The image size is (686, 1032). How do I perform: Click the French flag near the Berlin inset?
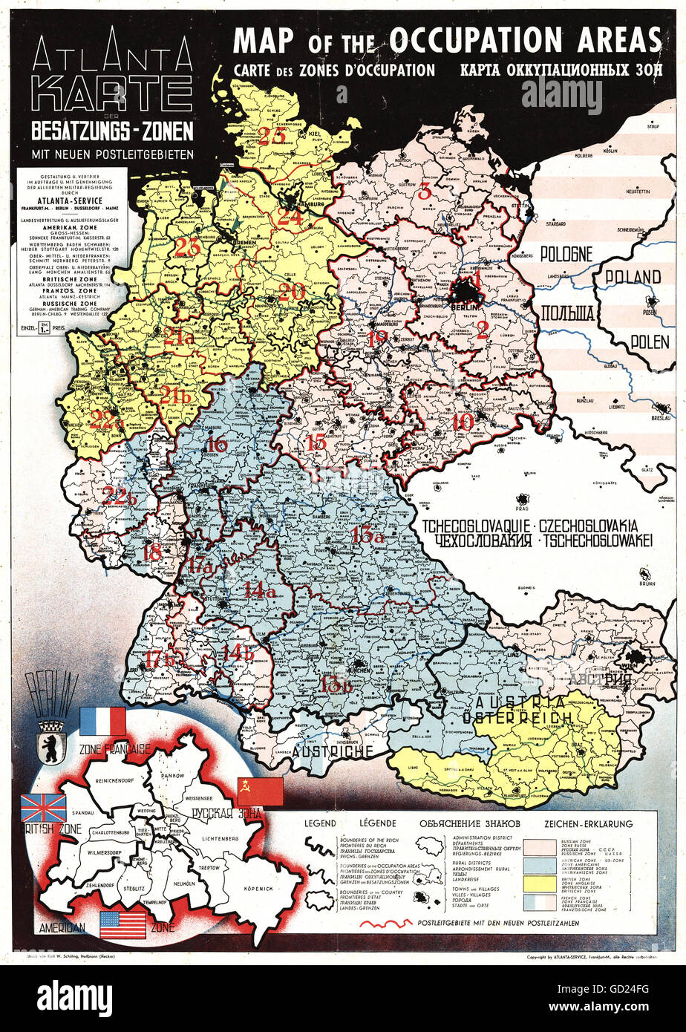tap(102, 721)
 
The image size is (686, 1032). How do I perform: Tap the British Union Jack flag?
tap(43, 809)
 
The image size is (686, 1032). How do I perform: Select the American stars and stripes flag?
tap(122, 924)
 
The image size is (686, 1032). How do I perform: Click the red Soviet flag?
tap(259, 791)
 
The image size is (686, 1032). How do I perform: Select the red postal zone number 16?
tap(217, 445)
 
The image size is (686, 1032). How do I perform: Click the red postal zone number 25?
tap(271, 135)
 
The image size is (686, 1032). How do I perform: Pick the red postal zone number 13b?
tap(336, 684)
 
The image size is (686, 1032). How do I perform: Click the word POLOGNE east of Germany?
tap(566, 253)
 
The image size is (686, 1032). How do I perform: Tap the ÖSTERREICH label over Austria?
tap(526, 718)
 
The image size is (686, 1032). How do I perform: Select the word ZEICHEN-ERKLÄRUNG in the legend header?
tap(587, 824)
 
